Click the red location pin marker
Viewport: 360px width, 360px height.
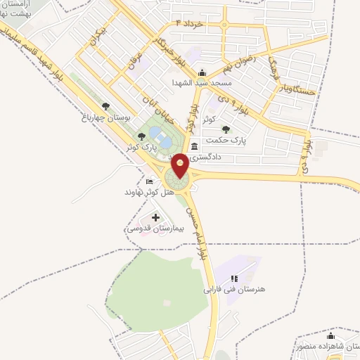pos(181,166)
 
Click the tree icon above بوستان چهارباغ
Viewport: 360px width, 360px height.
pos(105,106)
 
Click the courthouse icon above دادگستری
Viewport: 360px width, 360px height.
pos(195,146)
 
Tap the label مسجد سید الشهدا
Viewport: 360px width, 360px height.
pos(202,82)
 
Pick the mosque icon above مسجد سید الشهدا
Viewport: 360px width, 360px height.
pos(202,72)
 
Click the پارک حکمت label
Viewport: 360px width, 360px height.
pos(224,140)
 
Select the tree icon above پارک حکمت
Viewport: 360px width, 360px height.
pos(225,129)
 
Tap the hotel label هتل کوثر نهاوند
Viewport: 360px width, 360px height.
pos(144,192)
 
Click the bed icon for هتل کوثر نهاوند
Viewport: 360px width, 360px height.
pos(148,181)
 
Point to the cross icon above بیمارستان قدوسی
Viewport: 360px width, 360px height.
pos(155,217)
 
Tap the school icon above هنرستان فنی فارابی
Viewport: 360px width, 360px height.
pos(234,278)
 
